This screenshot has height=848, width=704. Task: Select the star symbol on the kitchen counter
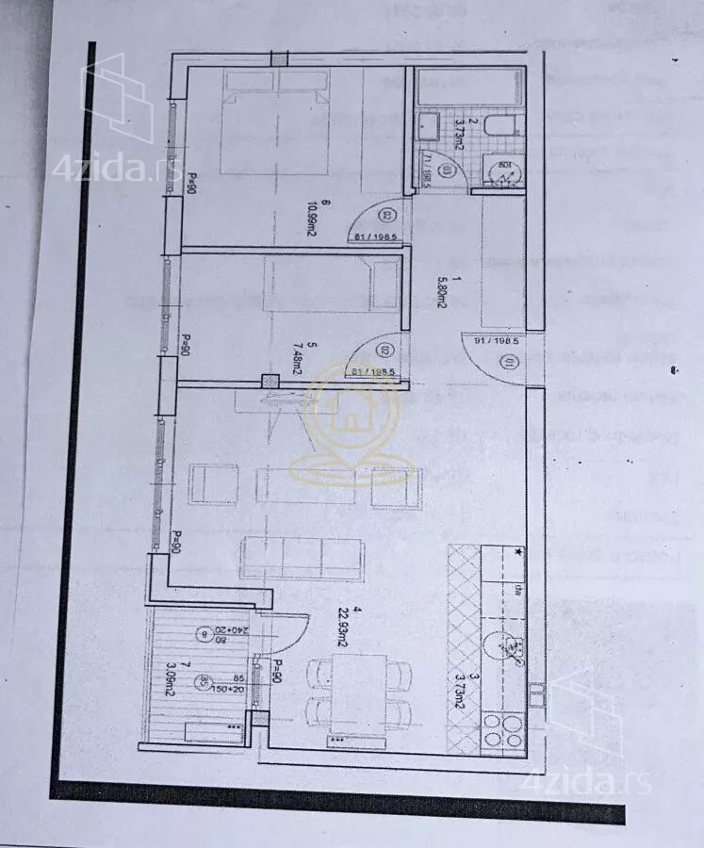point(518,552)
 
